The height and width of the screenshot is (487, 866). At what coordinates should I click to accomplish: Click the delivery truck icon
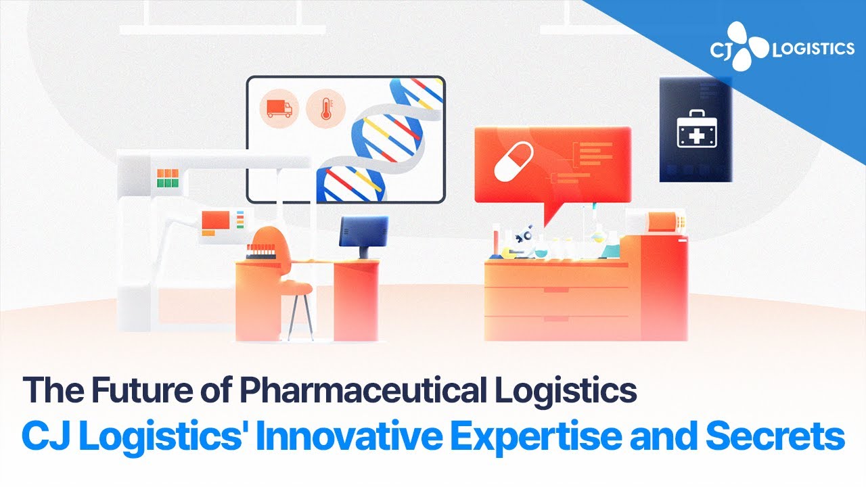[x=279, y=108]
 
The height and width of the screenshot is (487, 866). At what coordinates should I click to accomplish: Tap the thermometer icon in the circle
[x=325, y=108]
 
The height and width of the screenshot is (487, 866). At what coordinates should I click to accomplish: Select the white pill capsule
[x=514, y=162]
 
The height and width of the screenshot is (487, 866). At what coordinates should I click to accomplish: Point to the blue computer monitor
[x=363, y=231]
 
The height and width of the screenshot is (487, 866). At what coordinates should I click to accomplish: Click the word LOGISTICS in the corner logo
[x=813, y=49]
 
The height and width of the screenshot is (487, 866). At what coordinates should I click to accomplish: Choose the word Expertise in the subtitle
[x=537, y=436]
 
